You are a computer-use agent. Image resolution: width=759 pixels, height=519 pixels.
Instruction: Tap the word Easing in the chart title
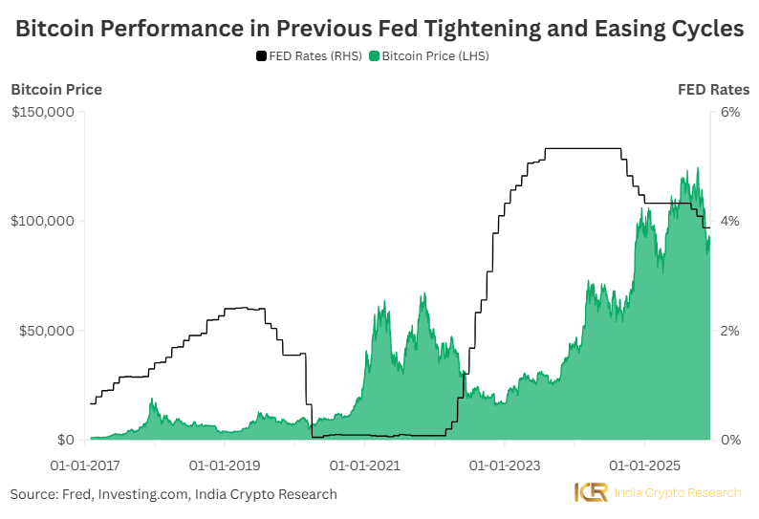tap(589, 30)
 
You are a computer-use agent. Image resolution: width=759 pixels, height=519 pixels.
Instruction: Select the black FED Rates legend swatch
tap(261, 56)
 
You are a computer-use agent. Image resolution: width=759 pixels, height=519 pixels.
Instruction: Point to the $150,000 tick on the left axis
tap(42, 112)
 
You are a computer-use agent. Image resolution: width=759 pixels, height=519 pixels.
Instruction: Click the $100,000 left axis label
tap(42, 221)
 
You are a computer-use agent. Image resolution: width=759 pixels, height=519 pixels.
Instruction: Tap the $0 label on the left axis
tap(65, 440)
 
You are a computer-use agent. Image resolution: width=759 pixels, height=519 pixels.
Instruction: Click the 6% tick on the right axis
tap(730, 112)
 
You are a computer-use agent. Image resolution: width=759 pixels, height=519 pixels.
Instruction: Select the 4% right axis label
tap(730, 221)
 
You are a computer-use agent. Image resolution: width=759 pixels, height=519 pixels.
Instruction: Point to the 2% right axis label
tap(730, 331)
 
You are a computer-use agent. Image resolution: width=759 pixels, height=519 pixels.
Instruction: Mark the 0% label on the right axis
tap(730, 440)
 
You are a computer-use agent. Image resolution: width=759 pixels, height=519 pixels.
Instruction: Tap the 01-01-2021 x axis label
tap(364, 465)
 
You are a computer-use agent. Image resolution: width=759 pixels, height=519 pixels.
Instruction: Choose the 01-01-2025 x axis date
tap(643, 465)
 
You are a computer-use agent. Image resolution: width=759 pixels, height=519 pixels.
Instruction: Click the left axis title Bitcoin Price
tap(56, 90)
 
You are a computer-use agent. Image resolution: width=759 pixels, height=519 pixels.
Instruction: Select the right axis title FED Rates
tap(713, 90)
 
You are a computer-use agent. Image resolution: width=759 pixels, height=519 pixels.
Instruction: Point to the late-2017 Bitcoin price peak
tap(153, 400)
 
